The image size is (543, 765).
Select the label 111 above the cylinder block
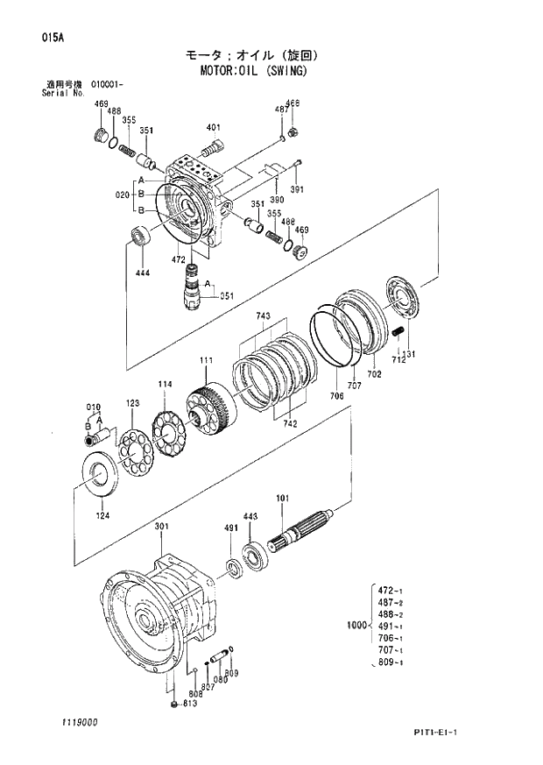[x=206, y=361]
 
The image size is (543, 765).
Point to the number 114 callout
[x=164, y=384]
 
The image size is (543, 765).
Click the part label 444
[x=142, y=273]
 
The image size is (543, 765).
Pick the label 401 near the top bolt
[x=213, y=128]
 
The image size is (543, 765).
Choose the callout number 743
[x=262, y=315]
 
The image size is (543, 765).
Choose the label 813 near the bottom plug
[x=189, y=704]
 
